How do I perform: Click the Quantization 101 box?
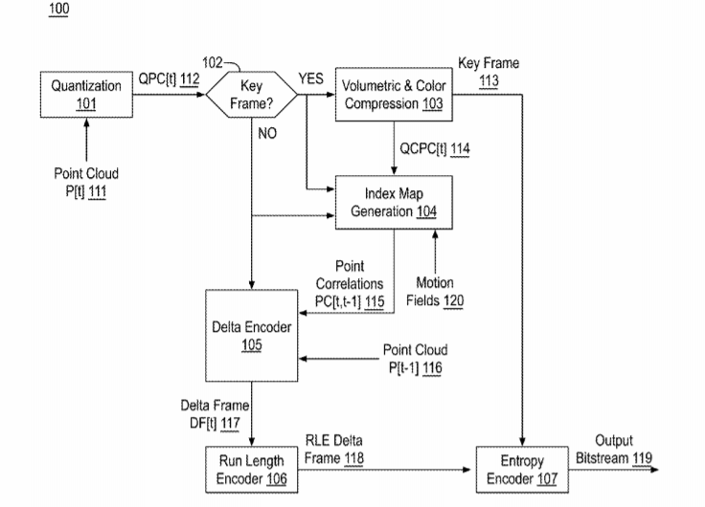[x=87, y=95]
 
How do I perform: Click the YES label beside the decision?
[x=310, y=79]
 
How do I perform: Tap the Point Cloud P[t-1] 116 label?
[x=414, y=359]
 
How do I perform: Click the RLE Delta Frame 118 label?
[x=335, y=450]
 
